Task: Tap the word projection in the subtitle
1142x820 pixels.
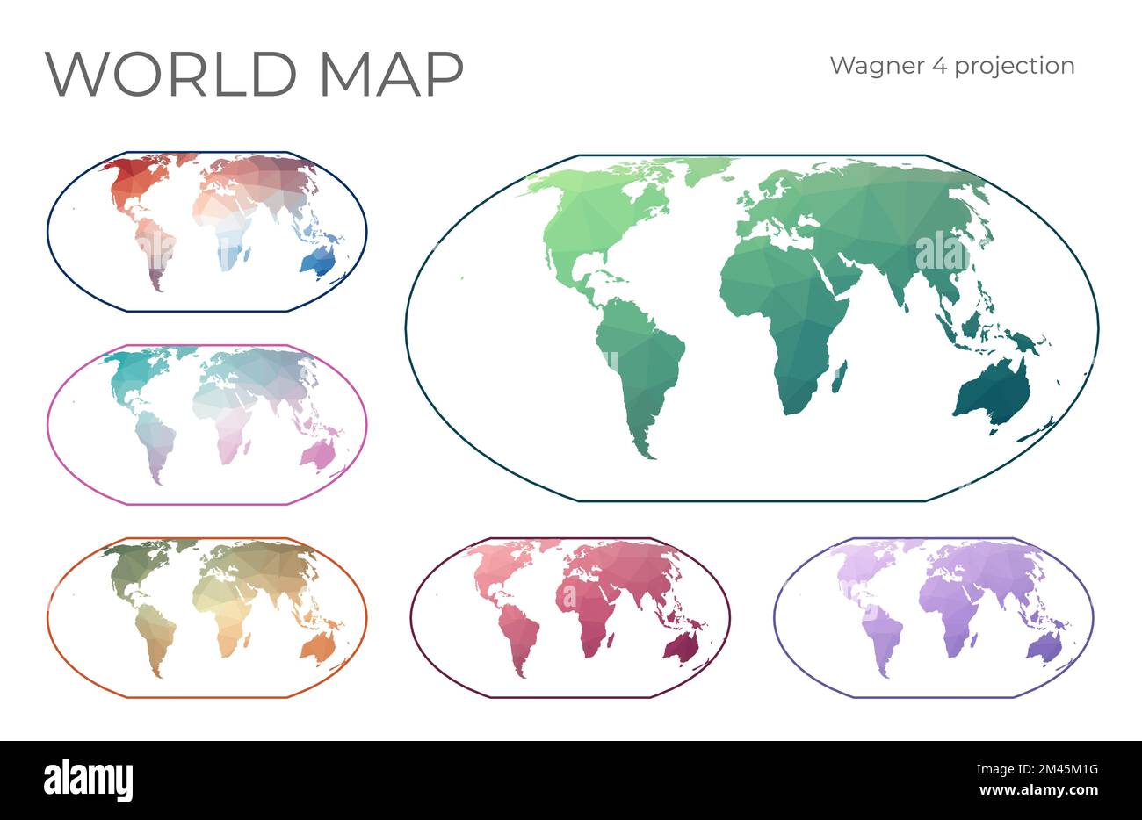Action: pyautogui.click(x=1015, y=67)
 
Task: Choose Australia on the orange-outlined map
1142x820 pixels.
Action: pyautogui.click(x=317, y=646)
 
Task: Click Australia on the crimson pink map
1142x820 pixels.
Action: pyautogui.click(x=681, y=648)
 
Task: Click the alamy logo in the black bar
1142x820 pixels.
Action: pyautogui.click(x=89, y=779)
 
